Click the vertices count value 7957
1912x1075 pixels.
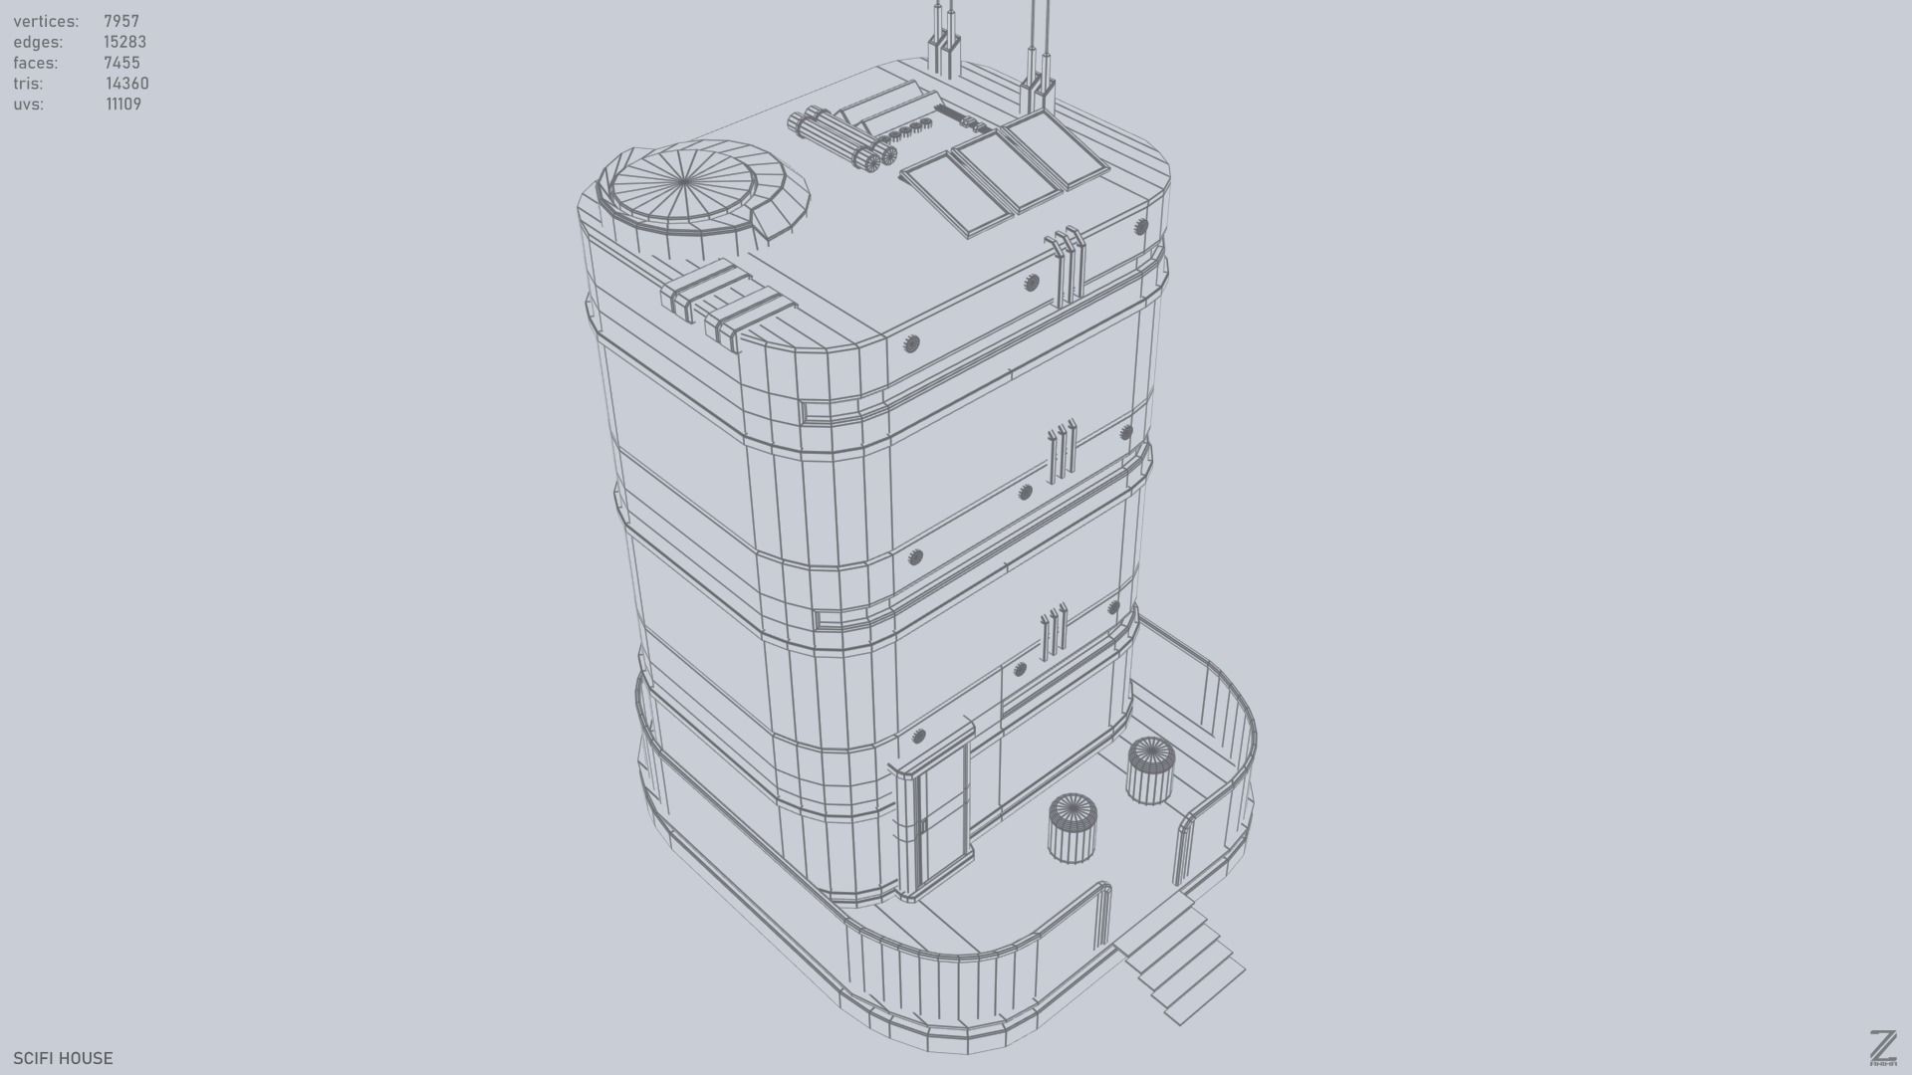click(121, 21)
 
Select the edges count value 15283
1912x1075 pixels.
click(124, 42)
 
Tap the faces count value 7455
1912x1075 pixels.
click(121, 63)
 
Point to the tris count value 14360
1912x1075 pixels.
click(126, 84)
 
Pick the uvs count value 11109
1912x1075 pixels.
click(123, 105)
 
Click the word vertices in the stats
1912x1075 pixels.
click(46, 21)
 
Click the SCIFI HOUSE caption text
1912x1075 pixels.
click(63, 1058)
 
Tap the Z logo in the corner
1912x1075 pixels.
click(1882, 1047)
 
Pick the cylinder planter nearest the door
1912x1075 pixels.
click(1072, 828)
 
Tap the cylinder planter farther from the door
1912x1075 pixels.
click(1150, 769)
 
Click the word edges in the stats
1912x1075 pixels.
click(38, 42)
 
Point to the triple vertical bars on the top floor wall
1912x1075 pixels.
click(1062, 263)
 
